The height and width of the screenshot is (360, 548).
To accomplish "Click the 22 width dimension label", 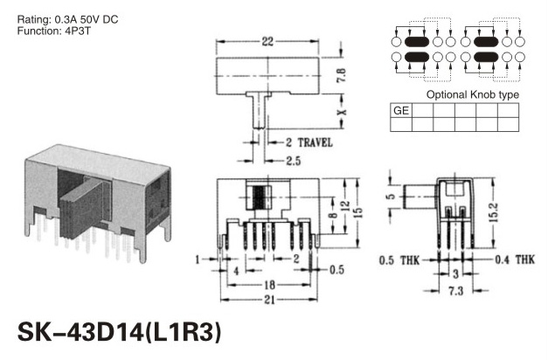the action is (267, 42).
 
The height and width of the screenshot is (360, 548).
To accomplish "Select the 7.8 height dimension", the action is (341, 75).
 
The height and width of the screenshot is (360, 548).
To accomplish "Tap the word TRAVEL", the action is (315, 142).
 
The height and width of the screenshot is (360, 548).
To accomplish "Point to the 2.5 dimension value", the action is (293, 161).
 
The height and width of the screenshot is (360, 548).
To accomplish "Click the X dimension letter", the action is (342, 112).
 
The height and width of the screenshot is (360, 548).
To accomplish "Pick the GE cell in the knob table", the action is (401, 110).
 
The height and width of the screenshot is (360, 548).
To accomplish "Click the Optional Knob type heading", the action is (473, 94).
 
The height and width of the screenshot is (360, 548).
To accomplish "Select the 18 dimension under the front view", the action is (269, 285).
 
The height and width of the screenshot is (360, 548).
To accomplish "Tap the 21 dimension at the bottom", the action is (269, 300).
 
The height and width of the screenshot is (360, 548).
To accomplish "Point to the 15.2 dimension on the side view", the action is (494, 212).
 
